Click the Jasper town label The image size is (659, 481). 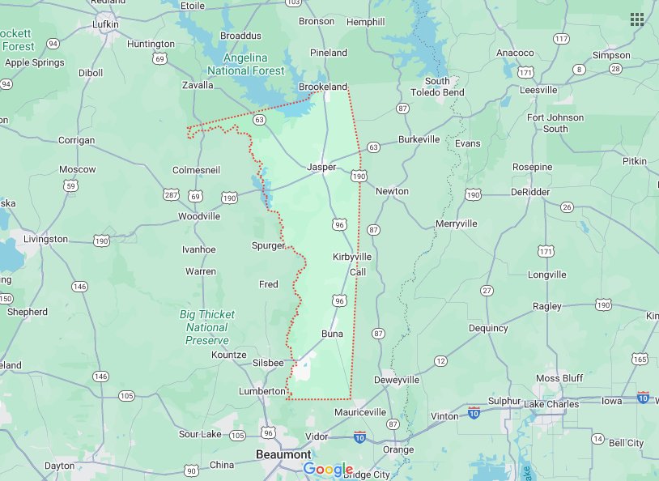321,167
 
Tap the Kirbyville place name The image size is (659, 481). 352,256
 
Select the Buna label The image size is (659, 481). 332,334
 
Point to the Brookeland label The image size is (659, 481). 323,87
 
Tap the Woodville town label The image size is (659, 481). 199,216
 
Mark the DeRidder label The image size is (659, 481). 531,191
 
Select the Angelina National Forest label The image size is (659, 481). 246,64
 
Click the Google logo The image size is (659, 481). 329,470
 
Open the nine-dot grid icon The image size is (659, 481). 637,19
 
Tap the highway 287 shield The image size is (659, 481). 171,195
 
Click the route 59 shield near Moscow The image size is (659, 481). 71,186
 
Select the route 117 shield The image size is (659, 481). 561,39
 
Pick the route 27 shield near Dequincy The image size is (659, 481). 487,290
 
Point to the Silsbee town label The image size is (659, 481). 269,363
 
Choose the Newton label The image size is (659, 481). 392,191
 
